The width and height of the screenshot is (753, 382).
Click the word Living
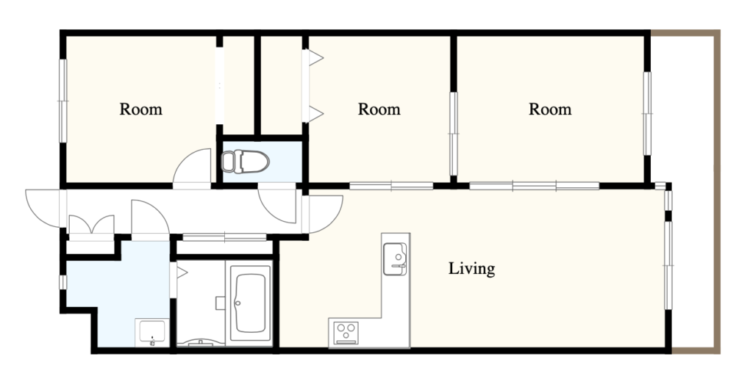471,269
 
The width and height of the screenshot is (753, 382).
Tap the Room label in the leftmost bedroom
140,109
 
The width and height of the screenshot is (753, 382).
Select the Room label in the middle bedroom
379,109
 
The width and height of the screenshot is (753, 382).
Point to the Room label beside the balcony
550,109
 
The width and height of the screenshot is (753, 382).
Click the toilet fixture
245,161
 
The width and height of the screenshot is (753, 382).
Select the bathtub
249,303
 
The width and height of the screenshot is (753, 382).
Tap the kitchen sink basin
395,259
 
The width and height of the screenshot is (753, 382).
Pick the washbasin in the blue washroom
152,333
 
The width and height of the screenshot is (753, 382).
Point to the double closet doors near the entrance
91,225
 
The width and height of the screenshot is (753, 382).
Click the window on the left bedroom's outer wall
63,101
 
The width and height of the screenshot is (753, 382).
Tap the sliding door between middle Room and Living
391,186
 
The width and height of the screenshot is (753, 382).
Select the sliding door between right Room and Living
534,186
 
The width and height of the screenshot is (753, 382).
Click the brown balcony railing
718,192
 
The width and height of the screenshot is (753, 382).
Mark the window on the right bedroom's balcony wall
647,113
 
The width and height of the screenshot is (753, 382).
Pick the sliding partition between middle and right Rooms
453,134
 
